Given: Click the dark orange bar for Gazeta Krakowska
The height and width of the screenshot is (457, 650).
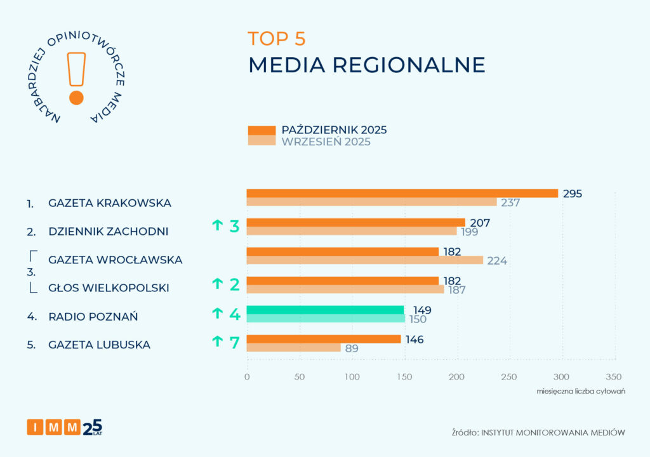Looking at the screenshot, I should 402,193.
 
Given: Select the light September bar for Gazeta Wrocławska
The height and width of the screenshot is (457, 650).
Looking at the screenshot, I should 364,260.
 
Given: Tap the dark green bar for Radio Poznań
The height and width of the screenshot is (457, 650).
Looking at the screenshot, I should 325,310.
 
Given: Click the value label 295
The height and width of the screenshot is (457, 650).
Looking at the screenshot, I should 572,193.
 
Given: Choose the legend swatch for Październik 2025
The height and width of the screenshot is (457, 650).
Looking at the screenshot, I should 262,130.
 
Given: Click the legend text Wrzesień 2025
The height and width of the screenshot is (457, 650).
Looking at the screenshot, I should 326,142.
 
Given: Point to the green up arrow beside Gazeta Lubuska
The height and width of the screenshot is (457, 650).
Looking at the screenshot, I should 217,342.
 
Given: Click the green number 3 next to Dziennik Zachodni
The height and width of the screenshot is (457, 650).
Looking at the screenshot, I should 234,225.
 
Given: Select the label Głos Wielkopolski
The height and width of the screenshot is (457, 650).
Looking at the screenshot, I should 109,288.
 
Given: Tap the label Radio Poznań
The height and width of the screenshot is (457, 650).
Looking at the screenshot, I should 93,316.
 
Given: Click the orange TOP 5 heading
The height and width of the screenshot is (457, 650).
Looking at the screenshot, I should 277,39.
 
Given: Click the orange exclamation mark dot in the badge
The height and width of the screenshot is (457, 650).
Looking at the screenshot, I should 76,98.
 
